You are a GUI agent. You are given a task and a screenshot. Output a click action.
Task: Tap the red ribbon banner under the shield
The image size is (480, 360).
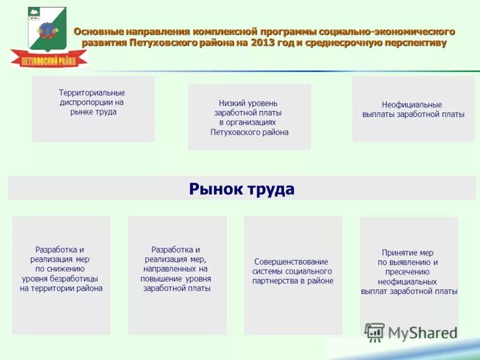(49, 59)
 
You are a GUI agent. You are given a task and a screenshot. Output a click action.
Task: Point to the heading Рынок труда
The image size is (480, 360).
(242, 189)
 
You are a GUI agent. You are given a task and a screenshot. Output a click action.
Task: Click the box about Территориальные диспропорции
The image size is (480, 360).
(93, 109)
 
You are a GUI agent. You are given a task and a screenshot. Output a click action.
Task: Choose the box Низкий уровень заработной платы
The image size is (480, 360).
(249, 116)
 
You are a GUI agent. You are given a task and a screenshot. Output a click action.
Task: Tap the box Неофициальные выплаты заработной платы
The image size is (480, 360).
(413, 109)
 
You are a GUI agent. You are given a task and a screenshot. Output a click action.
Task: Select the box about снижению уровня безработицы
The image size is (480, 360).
(61, 275)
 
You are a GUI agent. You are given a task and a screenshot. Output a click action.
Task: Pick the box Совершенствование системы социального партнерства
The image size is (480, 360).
(293, 275)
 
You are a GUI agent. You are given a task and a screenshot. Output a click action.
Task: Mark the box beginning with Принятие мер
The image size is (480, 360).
(409, 275)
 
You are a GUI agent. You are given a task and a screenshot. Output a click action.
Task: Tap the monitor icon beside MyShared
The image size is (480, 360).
(374, 332)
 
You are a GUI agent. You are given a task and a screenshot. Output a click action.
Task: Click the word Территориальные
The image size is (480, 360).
(92, 93)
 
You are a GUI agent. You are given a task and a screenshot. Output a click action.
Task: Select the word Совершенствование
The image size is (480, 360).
(291, 262)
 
